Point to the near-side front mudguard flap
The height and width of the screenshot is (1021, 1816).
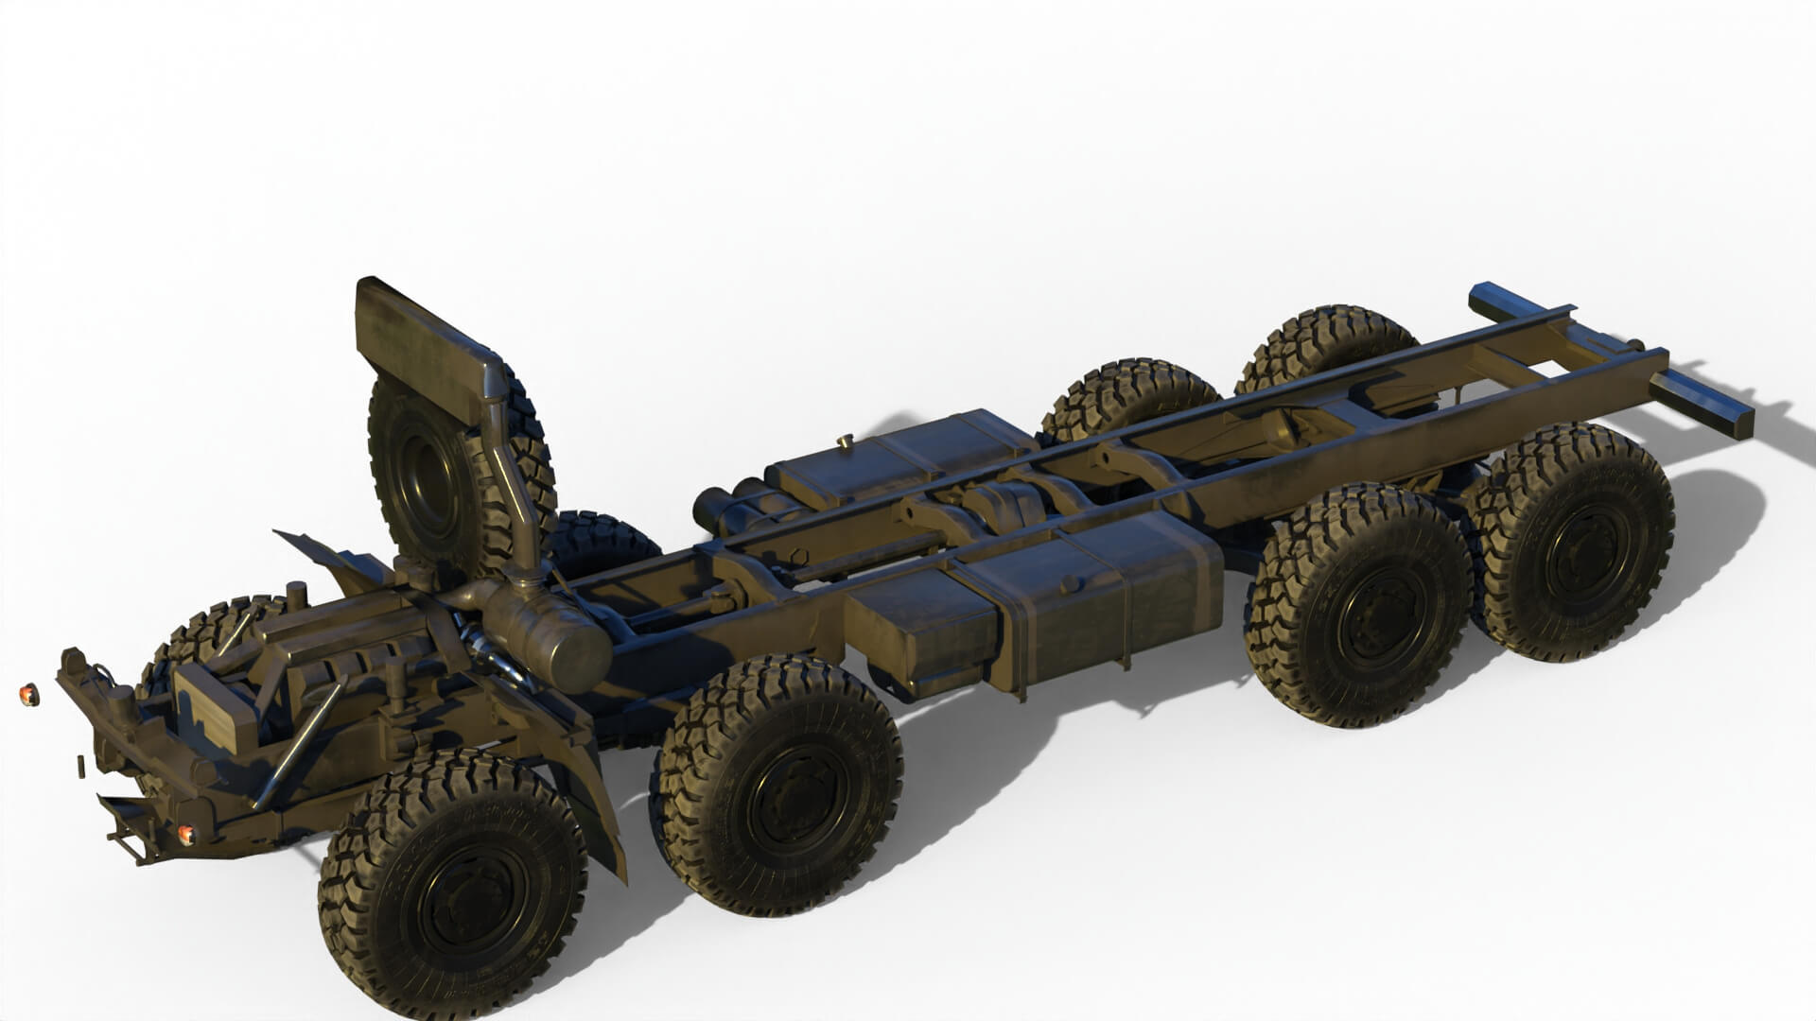pyautogui.click(x=596, y=804)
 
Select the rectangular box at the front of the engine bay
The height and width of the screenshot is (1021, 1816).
pyautogui.click(x=213, y=700)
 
